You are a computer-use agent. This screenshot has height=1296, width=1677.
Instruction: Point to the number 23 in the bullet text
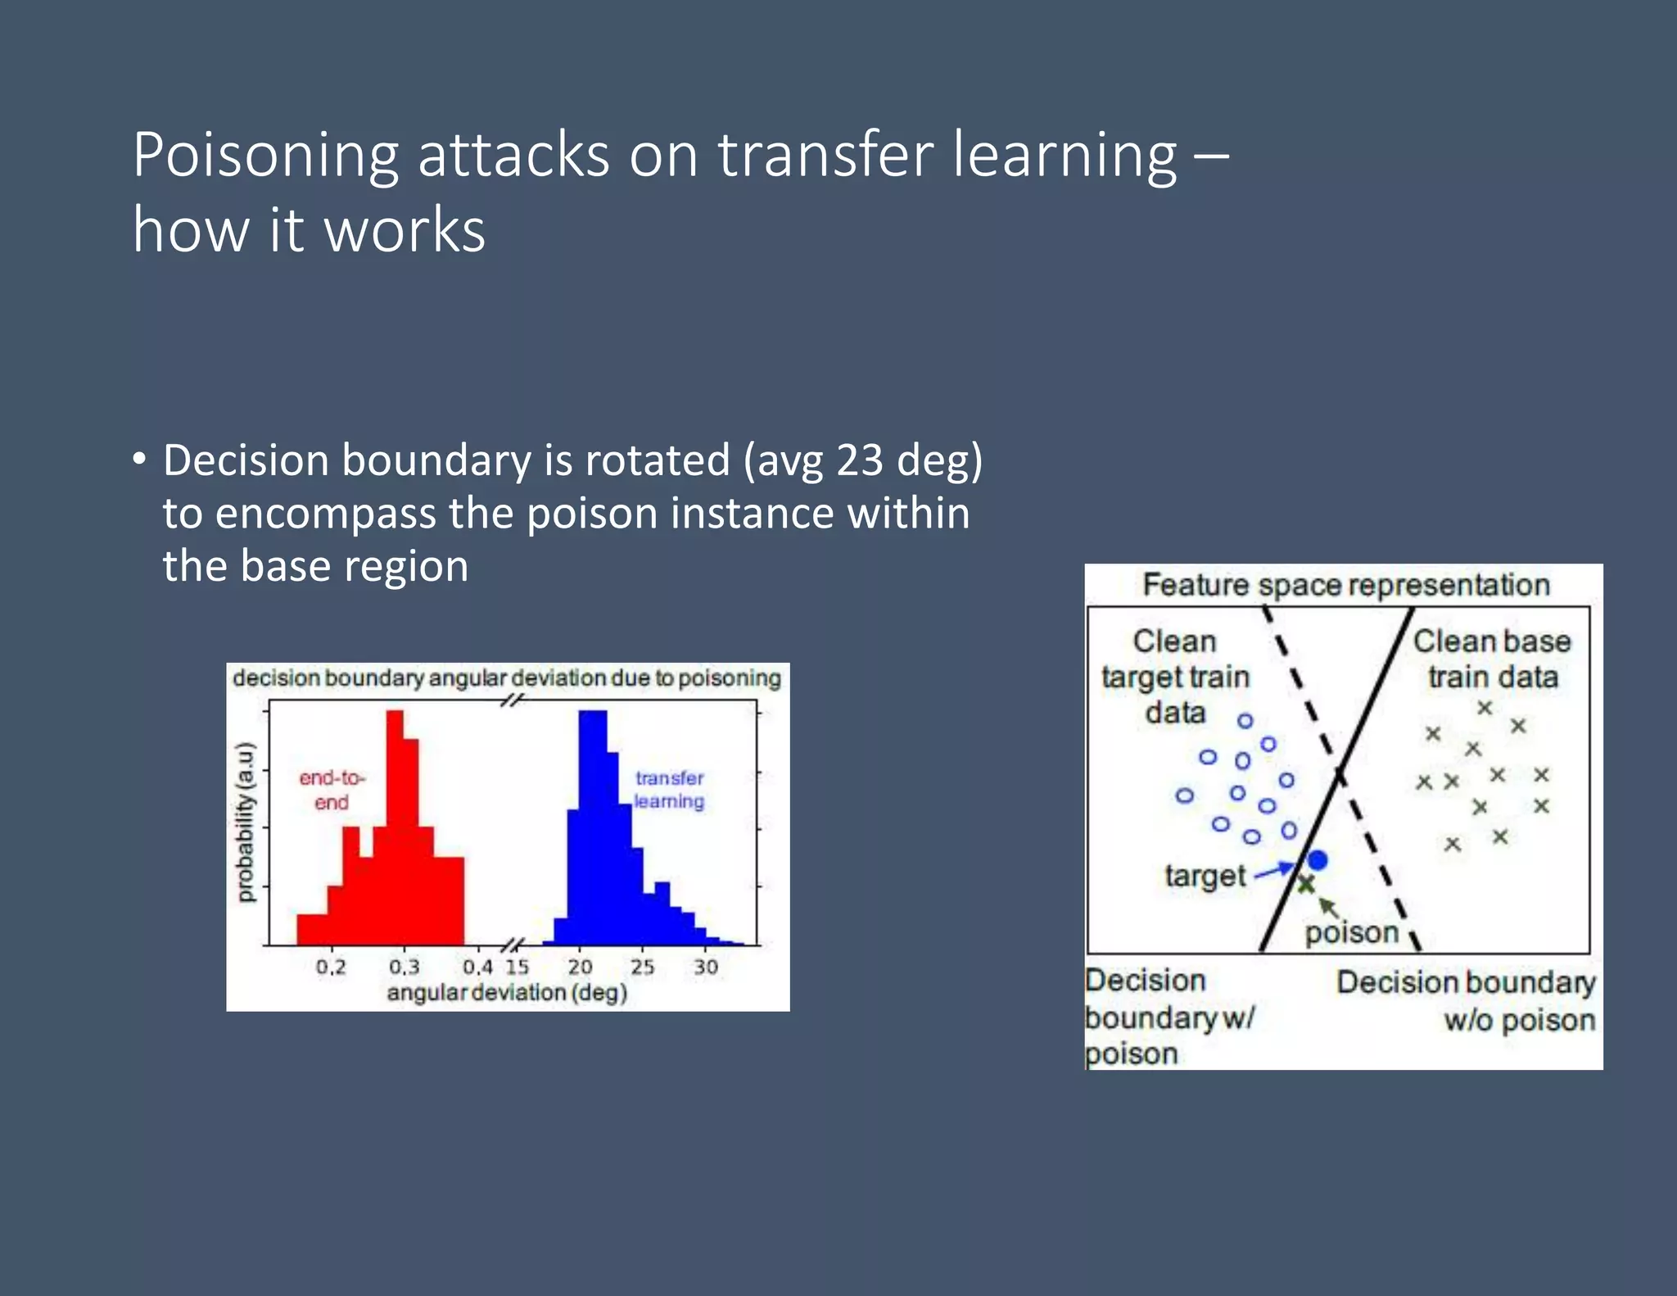point(859,460)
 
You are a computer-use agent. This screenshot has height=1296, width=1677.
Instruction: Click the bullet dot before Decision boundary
point(140,459)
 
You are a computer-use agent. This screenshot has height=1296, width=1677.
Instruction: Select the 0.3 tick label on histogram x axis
point(404,967)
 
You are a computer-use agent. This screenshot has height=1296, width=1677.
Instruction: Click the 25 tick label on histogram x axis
point(642,967)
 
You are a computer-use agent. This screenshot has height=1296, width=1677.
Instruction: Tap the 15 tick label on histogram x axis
point(517,967)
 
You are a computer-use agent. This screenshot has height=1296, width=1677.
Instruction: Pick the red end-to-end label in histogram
point(332,790)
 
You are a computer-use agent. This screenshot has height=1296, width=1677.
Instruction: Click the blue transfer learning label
point(669,790)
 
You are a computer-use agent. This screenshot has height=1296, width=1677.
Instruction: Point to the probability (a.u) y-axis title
point(245,822)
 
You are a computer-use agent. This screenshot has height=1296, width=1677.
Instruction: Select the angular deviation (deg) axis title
point(507,993)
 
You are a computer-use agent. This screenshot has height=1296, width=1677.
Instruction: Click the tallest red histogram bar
point(395,827)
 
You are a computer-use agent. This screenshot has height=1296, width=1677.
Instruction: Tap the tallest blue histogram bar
point(592,827)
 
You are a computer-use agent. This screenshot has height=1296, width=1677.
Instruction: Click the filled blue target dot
point(1317,860)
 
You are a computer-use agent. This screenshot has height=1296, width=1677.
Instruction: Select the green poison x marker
point(1306,884)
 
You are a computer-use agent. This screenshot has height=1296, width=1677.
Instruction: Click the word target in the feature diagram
point(1205,876)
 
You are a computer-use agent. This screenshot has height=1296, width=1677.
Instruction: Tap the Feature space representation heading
point(1345,585)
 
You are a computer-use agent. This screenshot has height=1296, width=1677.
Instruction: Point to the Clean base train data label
point(1492,659)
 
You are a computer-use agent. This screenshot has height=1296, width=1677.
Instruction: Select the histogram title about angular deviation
point(507,678)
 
